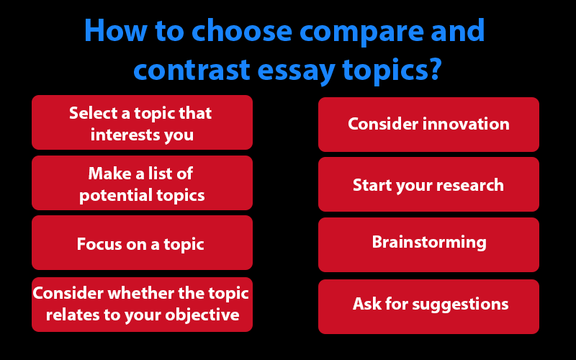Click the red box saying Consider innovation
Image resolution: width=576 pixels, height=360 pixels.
(428, 124)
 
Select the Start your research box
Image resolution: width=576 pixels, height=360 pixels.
(428, 185)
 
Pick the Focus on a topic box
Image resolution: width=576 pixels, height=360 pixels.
(142, 243)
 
